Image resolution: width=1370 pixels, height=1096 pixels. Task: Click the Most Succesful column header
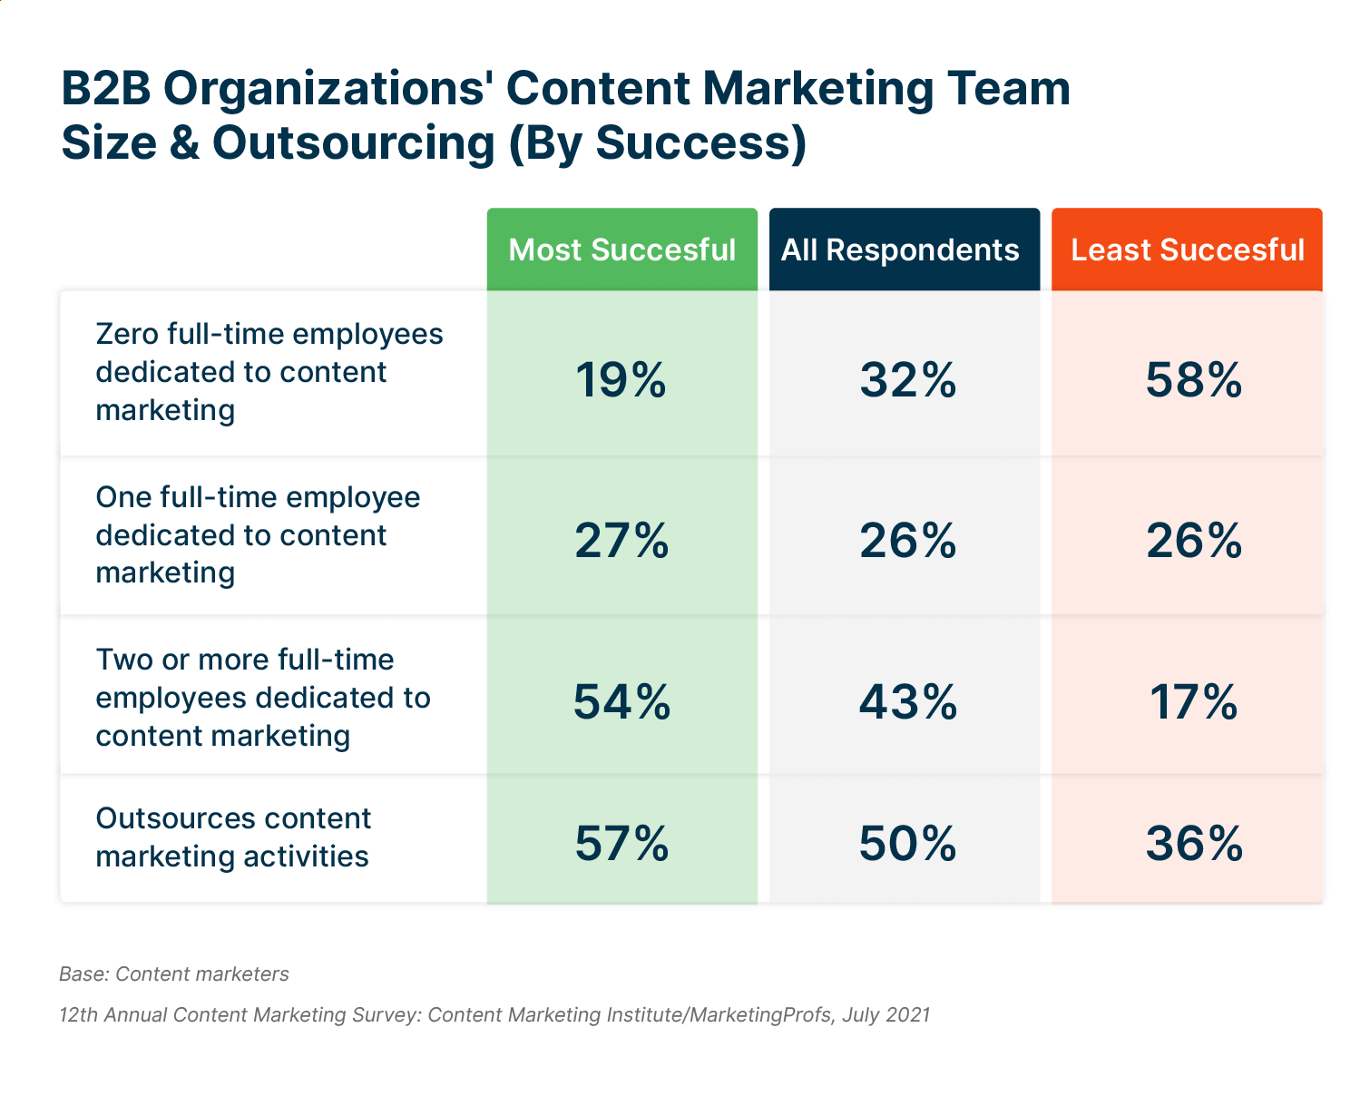click(x=621, y=250)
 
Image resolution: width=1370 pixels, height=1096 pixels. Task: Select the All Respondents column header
click(x=904, y=250)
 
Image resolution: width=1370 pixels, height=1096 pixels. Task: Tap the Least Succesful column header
click(x=1187, y=250)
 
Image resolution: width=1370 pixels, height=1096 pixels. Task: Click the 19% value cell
click(x=621, y=379)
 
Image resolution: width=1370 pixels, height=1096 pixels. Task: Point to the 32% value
click(x=907, y=379)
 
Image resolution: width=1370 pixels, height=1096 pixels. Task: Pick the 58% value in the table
click(x=1193, y=379)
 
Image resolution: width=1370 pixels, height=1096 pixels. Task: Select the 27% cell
click(x=621, y=541)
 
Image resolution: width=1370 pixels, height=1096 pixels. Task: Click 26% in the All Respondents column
click(x=907, y=541)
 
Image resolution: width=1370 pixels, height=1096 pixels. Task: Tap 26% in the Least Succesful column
click(x=1193, y=541)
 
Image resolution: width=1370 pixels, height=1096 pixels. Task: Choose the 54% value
click(x=621, y=702)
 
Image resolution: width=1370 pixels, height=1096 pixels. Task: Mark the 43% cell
click(x=907, y=702)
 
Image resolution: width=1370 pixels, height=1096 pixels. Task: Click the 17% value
click(x=1193, y=702)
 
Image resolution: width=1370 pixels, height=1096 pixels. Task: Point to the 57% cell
click(x=621, y=843)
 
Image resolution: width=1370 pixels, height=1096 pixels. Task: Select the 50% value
click(x=907, y=843)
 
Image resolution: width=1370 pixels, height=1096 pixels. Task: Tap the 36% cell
click(x=1193, y=843)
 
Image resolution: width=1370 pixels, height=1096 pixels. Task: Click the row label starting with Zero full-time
click(x=269, y=372)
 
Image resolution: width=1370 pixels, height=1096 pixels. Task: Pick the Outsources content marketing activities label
click(x=233, y=837)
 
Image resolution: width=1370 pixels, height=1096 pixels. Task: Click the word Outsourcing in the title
click(x=354, y=143)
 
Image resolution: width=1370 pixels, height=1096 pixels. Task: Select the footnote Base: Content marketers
click(x=174, y=974)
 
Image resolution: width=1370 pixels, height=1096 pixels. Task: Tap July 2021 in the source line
click(x=886, y=1014)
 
